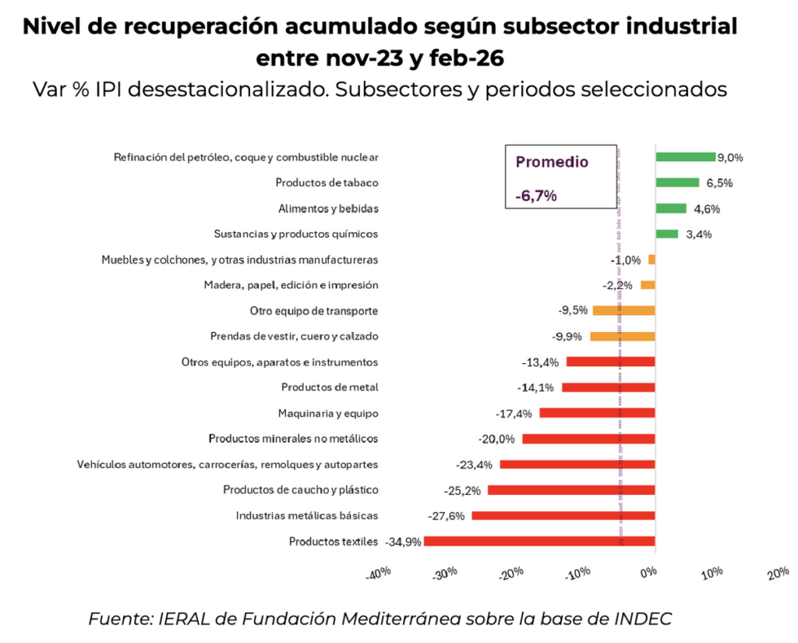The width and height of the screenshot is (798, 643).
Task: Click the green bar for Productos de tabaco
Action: pyautogui.click(x=677, y=182)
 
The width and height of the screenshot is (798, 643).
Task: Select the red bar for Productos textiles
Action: pyautogui.click(x=539, y=541)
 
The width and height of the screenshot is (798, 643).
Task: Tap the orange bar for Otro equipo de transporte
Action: pyautogui.click(x=623, y=310)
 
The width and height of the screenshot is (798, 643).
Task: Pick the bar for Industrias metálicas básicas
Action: pyautogui.click(x=563, y=515)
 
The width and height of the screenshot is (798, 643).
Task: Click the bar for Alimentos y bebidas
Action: pyautogui.click(x=671, y=208)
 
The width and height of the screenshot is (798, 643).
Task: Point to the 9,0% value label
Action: pyautogui.click(x=730, y=157)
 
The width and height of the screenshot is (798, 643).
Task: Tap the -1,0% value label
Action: pyautogui.click(x=625, y=260)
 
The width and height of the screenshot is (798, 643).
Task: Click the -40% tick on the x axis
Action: pyautogui.click(x=377, y=574)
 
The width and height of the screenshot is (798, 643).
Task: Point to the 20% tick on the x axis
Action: pyautogui.click(x=778, y=574)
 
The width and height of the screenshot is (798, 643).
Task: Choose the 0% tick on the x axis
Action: pyautogui.click(x=648, y=574)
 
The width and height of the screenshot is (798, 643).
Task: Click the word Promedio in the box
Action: pyautogui.click(x=552, y=162)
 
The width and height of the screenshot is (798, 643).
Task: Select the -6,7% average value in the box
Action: pyautogui.click(x=536, y=196)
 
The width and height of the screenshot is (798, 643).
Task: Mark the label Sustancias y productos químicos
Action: pyautogui.click(x=296, y=234)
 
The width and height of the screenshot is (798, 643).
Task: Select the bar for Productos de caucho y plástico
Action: pyautogui.click(x=571, y=489)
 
